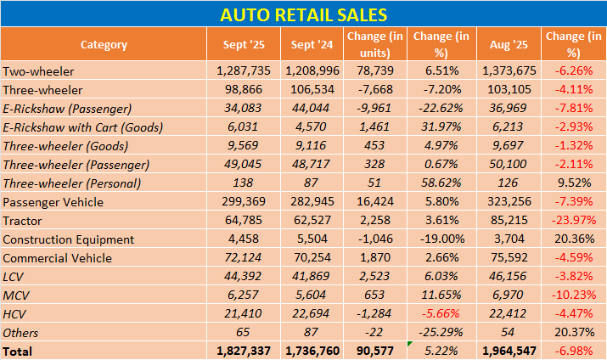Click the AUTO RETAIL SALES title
pyautogui.click(x=303, y=14)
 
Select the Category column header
pyautogui.click(x=104, y=44)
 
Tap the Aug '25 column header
pyautogui.click(x=509, y=44)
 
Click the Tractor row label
pyautogui.click(x=23, y=221)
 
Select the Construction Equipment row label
pyautogui.click(x=69, y=239)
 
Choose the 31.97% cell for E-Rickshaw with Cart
pyautogui.click(x=441, y=127)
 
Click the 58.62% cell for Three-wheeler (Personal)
pyautogui.click(x=441, y=183)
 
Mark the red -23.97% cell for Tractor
pyautogui.click(x=575, y=221)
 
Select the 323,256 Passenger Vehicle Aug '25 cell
pyautogui.click(x=509, y=202)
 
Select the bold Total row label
pyautogui.click(x=19, y=351)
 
